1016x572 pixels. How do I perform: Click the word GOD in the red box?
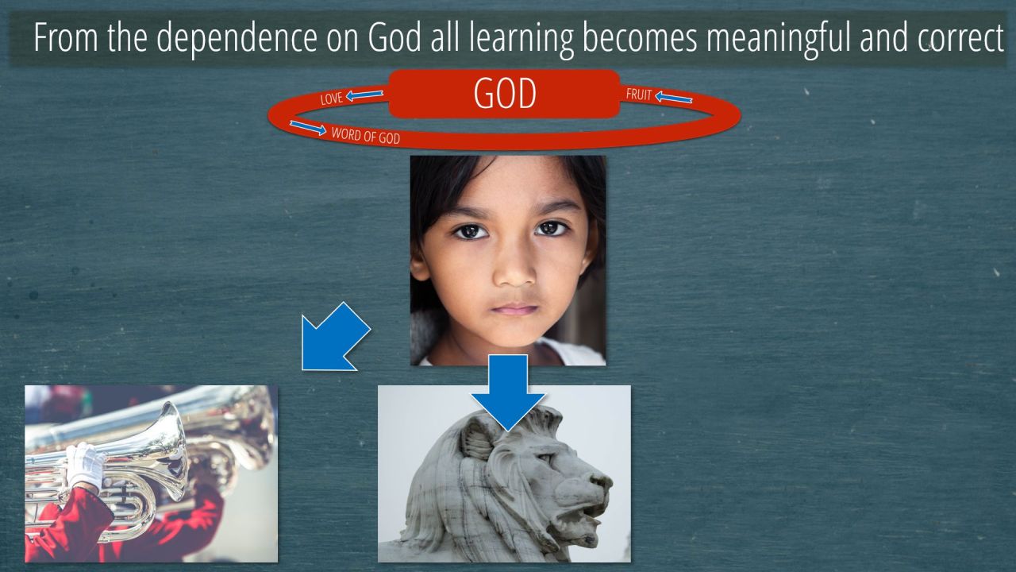[505, 94]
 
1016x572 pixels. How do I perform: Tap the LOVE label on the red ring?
[331, 99]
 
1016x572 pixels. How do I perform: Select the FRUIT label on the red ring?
[639, 95]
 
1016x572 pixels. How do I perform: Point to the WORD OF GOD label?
[366, 136]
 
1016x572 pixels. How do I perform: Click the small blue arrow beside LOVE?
[364, 95]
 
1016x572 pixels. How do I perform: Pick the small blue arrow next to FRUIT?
[674, 98]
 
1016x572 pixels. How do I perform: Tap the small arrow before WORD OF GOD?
[308, 128]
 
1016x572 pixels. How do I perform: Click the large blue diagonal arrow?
[335, 338]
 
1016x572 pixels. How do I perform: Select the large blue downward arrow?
[508, 392]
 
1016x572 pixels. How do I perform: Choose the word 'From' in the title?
[66, 38]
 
